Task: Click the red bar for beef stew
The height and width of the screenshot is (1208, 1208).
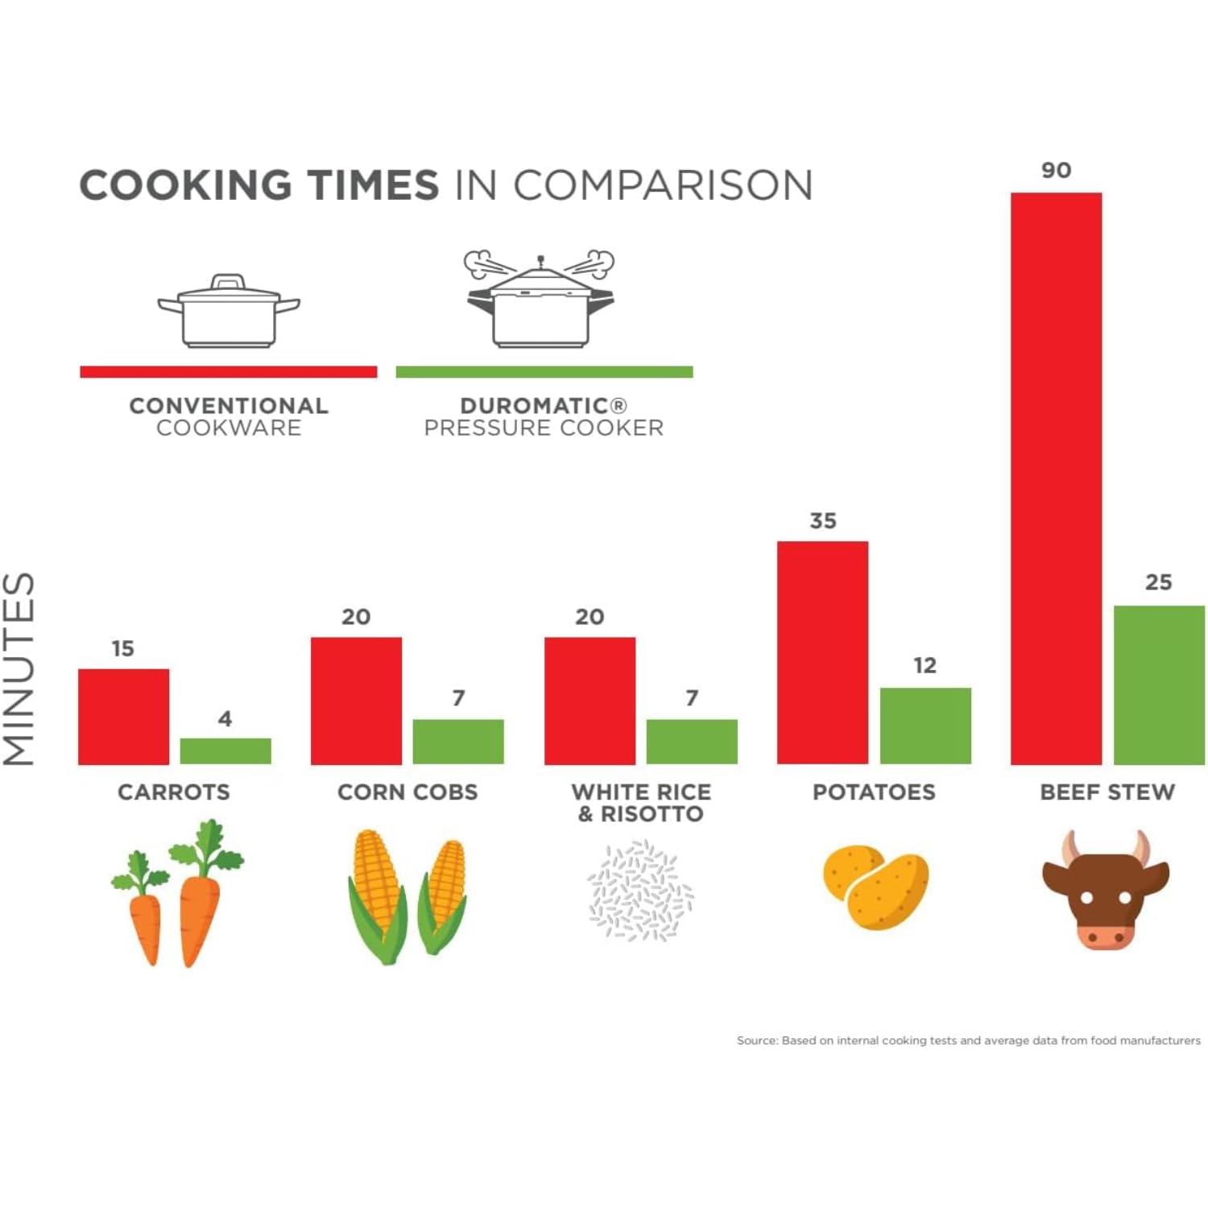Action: (x=1056, y=478)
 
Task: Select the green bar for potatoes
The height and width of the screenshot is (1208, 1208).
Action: (x=925, y=726)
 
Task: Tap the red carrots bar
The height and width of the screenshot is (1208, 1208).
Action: (x=123, y=716)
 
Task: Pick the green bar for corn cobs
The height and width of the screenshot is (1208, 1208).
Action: (x=458, y=741)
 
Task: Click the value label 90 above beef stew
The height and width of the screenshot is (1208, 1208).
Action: (x=1056, y=171)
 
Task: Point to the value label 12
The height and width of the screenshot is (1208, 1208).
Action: (x=925, y=666)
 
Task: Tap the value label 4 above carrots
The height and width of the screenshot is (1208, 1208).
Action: (x=225, y=718)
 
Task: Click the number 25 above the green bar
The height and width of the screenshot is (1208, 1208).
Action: (x=1158, y=582)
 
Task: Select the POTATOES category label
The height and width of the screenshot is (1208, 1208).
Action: (x=874, y=792)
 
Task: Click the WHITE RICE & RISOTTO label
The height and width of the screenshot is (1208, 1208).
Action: (x=641, y=803)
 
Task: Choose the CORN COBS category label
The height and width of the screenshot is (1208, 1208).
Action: (x=407, y=792)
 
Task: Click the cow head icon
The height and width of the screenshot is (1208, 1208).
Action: (x=1105, y=890)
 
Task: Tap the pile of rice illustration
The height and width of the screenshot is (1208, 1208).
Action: (x=640, y=891)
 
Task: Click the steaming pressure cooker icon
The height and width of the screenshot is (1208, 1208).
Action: (x=540, y=300)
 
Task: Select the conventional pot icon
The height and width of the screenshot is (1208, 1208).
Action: (x=229, y=312)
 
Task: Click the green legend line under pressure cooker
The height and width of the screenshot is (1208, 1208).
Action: (x=544, y=372)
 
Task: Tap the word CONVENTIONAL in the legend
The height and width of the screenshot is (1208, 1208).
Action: (x=229, y=406)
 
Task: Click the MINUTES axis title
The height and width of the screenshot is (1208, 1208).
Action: (x=19, y=668)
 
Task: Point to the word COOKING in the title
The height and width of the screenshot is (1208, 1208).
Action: (x=186, y=185)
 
